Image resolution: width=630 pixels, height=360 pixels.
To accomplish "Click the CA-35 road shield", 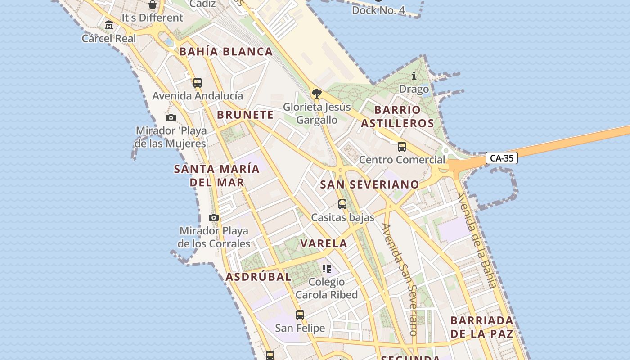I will (x=502, y=158).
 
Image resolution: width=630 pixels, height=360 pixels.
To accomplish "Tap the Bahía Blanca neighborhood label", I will (x=226, y=51).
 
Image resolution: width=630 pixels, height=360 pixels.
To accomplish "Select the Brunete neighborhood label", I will (x=245, y=115).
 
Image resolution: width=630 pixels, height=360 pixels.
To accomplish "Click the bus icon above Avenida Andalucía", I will (x=198, y=83).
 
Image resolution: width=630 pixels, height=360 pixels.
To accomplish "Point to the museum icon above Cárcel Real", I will (x=109, y=25).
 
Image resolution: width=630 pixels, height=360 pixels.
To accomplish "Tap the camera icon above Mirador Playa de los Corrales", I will (x=214, y=218).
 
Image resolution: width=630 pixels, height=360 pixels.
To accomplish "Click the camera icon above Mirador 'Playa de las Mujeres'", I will (x=171, y=118).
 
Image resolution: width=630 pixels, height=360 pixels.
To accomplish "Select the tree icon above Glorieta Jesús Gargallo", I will (x=317, y=94).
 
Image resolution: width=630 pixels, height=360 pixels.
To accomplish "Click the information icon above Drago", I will (x=414, y=76).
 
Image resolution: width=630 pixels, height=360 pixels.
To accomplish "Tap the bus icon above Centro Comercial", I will (x=402, y=147).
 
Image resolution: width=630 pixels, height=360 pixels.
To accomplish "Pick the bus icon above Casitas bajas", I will (x=342, y=204).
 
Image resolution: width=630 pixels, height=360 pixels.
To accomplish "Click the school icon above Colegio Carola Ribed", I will (x=327, y=269).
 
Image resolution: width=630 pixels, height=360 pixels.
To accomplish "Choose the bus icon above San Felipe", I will (x=300, y=315).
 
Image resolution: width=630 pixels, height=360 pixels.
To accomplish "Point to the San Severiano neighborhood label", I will (x=369, y=184).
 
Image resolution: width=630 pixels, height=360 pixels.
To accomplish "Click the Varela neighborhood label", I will (x=324, y=244).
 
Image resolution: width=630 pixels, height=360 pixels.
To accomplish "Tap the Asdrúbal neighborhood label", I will (x=258, y=277).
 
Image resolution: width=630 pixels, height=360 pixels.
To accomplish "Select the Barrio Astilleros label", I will (x=397, y=117).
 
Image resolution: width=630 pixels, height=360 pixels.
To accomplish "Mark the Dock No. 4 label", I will (x=378, y=10).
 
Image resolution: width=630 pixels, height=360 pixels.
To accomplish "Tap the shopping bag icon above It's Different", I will (x=153, y=5).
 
